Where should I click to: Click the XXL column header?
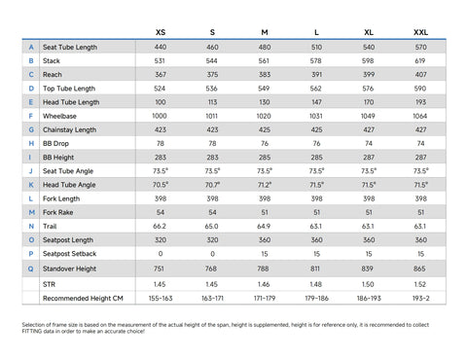coord(420,32)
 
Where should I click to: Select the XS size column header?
coord(161,32)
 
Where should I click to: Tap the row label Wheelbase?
coord(59,116)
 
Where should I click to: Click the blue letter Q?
coord(31,269)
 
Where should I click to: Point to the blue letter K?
coord(31,185)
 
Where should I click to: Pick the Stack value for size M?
coord(264,61)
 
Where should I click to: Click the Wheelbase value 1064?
coord(420,116)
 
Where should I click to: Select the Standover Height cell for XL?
coord(368,269)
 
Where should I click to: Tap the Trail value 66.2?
coord(160,227)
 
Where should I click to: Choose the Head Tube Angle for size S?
coord(212,185)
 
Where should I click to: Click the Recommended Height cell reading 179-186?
coord(316,299)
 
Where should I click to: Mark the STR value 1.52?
coord(420,284)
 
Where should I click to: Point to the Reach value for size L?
coord(316,75)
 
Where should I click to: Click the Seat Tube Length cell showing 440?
coord(161,47)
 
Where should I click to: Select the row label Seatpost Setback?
coord(70,254)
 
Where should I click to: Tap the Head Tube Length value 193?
coord(420,102)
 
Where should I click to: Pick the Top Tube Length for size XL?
coord(368,89)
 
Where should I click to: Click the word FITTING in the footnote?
coord(32,332)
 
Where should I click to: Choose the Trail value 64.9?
coord(264,227)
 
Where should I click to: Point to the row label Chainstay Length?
coord(70,129)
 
